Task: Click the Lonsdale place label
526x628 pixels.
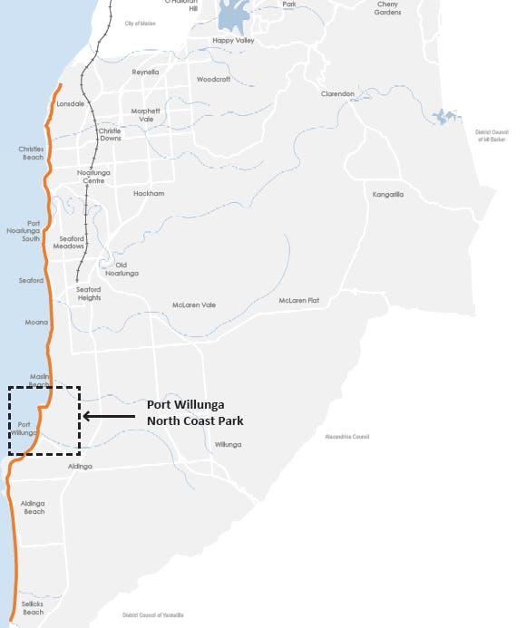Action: point(70,104)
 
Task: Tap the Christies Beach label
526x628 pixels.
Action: point(31,152)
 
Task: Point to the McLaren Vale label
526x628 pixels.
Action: point(193,304)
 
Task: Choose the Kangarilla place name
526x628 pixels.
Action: point(387,194)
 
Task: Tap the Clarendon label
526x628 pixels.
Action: point(336,93)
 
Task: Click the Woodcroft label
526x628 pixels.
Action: point(213,79)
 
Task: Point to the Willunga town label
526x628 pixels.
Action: point(228,444)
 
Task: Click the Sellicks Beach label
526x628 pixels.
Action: point(33,607)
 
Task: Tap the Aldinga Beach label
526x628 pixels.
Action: point(34,507)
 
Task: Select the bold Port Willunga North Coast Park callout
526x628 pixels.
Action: point(194,412)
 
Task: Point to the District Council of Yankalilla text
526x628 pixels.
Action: point(152,614)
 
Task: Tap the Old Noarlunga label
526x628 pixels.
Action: point(122,268)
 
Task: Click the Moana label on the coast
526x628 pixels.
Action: point(36,322)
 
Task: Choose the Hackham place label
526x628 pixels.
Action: point(148,193)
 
